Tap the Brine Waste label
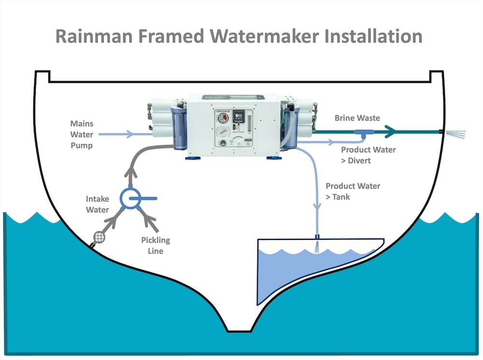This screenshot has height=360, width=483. (x=357, y=118)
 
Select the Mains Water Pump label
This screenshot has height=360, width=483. (x=81, y=134)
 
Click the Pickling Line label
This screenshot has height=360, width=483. (x=156, y=245)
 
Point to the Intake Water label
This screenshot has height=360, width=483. (x=98, y=204)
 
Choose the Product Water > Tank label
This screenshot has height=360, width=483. (x=353, y=191)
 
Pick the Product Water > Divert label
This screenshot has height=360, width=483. (x=368, y=155)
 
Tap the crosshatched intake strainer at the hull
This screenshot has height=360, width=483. (x=100, y=237)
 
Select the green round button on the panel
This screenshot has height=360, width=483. (x=223, y=143)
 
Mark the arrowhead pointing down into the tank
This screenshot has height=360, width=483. (x=317, y=206)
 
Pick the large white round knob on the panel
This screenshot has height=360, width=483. (x=222, y=132)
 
